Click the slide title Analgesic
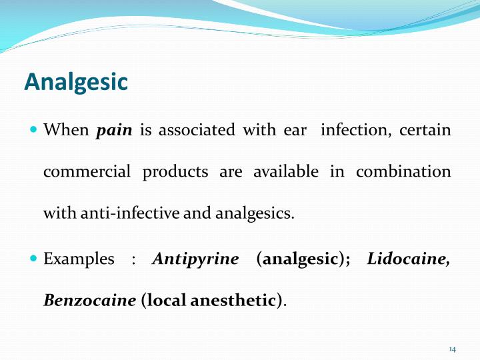click(x=75, y=81)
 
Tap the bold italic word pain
click(x=114, y=130)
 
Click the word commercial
click(x=87, y=171)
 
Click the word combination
click(x=403, y=171)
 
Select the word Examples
click(x=79, y=259)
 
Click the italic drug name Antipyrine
click(x=195, y=259)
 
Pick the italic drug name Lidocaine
click(x=408, y=259)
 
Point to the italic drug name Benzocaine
click(x=89, y=300)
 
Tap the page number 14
click(x=452, y=349)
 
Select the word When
click(x=65, y=130)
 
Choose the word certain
click(x=425, y=130)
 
